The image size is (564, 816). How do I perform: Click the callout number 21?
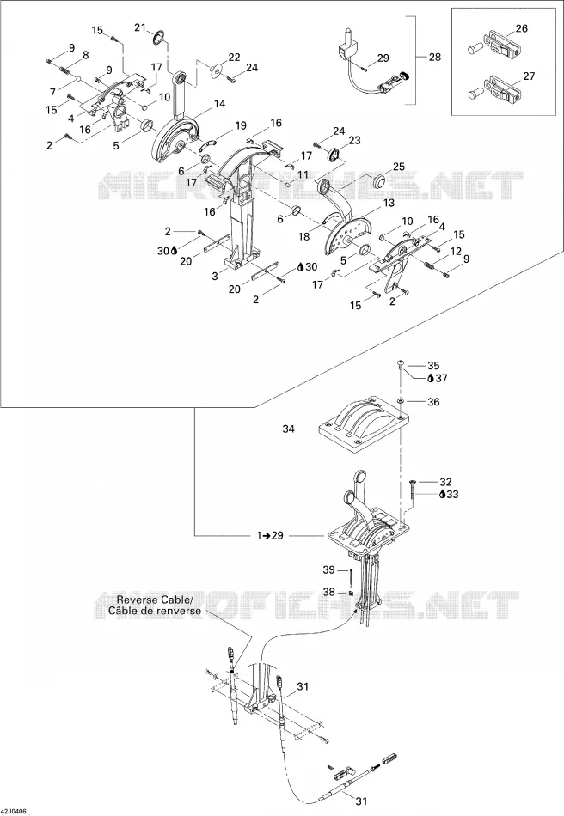click(x=140, y=27)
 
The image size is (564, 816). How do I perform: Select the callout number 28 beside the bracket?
click(x=435, y=57)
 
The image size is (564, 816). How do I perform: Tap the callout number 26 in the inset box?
click(x=522, y=28)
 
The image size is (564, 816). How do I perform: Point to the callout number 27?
click(x=529, y=76)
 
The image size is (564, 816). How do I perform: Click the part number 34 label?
click(x=289, y=429)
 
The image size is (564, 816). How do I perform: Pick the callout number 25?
click(x=399, y=167)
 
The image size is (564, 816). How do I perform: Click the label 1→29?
click(x=270, y=535)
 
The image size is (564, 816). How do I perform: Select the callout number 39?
click(x=328, y=569)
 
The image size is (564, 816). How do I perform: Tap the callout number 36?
click(x=433, y=402)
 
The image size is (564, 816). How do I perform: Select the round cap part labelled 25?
click(x=379, y=183)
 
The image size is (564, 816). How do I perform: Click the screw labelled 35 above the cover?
click(x=401, y=364)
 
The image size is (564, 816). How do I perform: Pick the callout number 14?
click(x=220, y=104)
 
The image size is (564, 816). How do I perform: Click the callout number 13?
click(x=389, y=204)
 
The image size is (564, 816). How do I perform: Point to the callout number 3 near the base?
click(x=215, y=276)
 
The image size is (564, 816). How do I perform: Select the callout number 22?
click(x=234, y=57)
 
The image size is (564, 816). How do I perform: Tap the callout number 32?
click(x=445, y=482)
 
